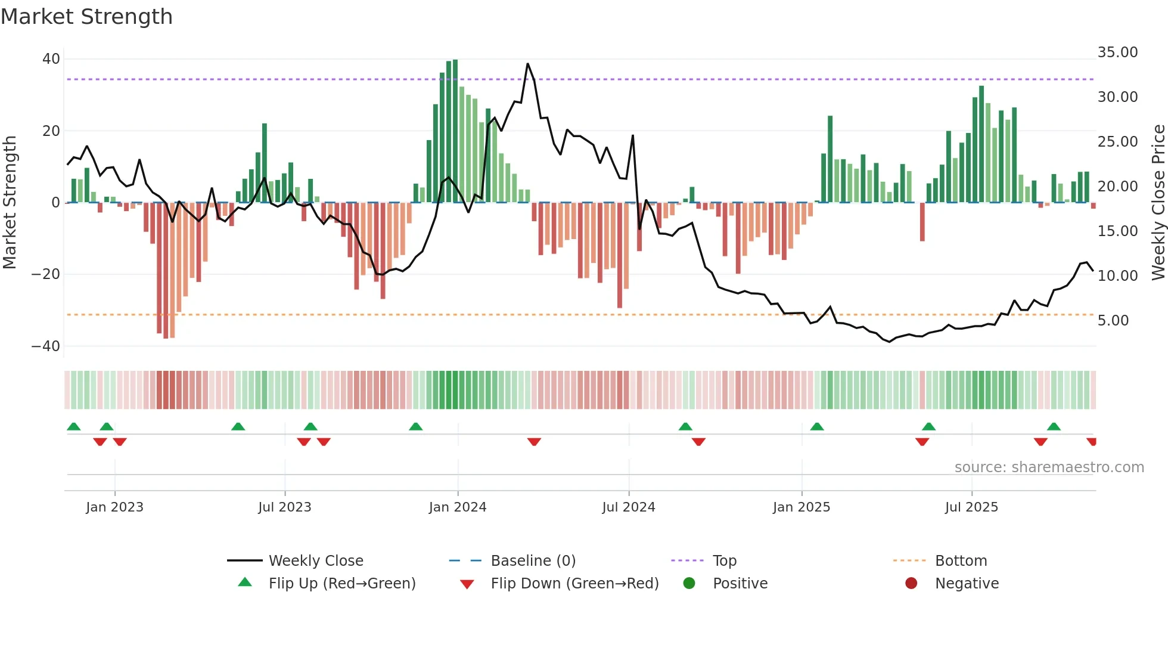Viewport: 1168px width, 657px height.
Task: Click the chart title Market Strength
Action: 86,17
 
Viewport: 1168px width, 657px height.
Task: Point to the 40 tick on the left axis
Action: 51,59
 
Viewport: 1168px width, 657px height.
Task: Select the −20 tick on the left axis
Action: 45,274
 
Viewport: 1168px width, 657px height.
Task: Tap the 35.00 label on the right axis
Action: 1117,52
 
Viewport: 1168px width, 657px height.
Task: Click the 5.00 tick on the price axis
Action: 1113,321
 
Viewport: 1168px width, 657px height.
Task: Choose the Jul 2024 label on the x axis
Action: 628,507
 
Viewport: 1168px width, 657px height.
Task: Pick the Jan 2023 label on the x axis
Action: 114,507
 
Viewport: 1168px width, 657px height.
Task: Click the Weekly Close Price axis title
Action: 1158,203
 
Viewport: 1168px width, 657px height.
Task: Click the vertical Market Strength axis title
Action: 10,203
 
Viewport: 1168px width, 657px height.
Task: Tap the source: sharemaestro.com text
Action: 1049,467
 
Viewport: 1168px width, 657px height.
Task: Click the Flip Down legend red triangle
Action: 467,584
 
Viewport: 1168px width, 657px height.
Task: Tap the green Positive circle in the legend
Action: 689,584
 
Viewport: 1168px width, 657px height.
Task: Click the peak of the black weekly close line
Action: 527,64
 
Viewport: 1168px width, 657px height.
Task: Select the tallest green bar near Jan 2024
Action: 455,131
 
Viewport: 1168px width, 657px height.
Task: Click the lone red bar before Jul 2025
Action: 922,222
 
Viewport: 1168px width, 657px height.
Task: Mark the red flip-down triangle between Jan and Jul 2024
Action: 534,442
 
